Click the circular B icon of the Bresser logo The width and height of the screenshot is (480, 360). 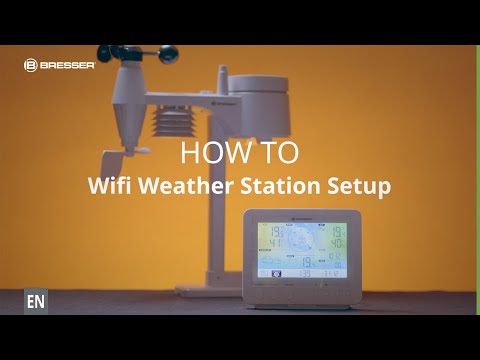pos(30,65)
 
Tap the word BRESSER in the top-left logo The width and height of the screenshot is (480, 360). pos(67,65)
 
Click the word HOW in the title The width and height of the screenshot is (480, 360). pos(209,153)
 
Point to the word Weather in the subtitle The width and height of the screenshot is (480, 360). pos(187,186)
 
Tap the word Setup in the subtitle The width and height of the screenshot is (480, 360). pos(360,187)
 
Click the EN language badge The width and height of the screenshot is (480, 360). pos(36,301)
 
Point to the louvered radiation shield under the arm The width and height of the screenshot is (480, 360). pos(172,129)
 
